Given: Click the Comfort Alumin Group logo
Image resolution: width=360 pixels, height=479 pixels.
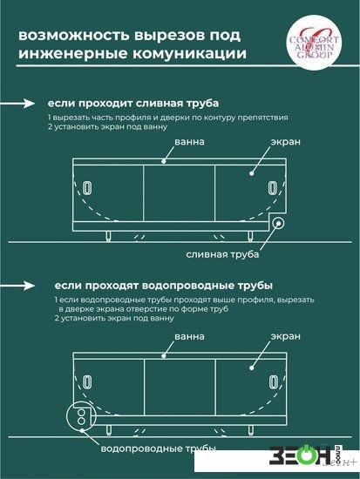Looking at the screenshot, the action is click(x=314, y=43).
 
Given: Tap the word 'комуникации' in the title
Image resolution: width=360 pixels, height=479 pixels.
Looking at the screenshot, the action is click(x=190, y=53).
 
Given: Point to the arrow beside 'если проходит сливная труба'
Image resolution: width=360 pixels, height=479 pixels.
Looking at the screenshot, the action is click(x=17, y=104).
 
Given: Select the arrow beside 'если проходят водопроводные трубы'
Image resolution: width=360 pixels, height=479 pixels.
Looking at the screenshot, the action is click(x=17, y=286).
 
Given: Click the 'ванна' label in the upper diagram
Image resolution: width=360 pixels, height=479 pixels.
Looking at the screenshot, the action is click(x=190, y=142).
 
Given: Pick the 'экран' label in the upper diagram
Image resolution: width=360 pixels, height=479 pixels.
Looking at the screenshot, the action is click(x=286, y=142).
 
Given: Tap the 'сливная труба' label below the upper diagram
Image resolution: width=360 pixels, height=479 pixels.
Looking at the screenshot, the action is click(x=222, y=254).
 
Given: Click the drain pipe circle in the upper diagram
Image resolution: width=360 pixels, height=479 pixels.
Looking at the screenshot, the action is click(x=278, y=223).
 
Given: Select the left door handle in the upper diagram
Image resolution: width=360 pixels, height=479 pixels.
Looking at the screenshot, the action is click(x=88, y=187).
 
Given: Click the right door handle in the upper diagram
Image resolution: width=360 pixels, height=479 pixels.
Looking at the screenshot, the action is click(x=273, y=187).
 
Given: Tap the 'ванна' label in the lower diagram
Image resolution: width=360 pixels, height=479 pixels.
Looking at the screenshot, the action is click(x=190, y=336).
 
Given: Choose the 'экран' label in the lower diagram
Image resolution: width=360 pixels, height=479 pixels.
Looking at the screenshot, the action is click(x=286, y=336).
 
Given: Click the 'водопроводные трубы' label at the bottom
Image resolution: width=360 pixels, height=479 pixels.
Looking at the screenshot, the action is click(x=159, y=449).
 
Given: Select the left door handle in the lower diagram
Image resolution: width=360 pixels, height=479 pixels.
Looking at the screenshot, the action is click(x=88, y=382).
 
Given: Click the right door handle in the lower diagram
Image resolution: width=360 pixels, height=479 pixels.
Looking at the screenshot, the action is click(x=273, y=382).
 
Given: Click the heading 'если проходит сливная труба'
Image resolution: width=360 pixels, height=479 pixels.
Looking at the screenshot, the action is click(x=133, y=104).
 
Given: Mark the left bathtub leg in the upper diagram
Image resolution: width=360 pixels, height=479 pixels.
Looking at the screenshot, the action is click(x=108, y=236).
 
